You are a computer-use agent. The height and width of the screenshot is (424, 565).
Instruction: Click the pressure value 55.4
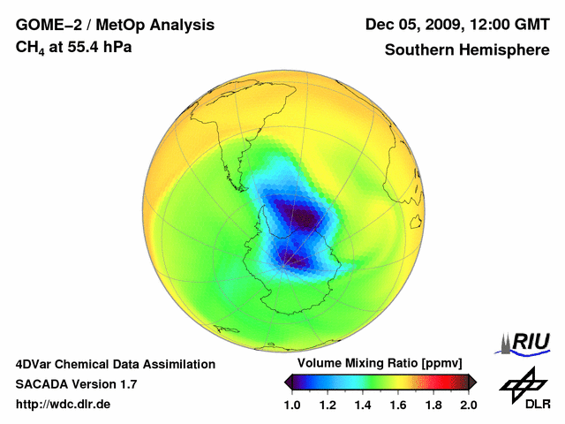point(82,46)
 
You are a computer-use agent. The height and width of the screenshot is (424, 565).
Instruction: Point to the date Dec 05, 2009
point(411,25)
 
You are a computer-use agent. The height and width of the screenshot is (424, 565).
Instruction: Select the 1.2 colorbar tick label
point(328,405)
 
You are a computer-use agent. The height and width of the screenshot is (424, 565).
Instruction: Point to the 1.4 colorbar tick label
point(363,405)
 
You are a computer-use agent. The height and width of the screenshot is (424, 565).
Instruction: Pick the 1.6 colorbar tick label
point(398,405)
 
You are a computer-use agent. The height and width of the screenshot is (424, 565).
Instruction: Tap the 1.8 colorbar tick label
point(433,405)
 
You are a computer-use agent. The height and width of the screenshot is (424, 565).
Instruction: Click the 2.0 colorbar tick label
point(468,405)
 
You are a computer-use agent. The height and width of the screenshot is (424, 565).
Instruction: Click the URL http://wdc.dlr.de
point(64,405)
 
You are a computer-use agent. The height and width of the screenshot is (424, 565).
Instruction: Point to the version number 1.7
point(126,384)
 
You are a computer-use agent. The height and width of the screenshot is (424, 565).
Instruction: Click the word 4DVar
point(37,364)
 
